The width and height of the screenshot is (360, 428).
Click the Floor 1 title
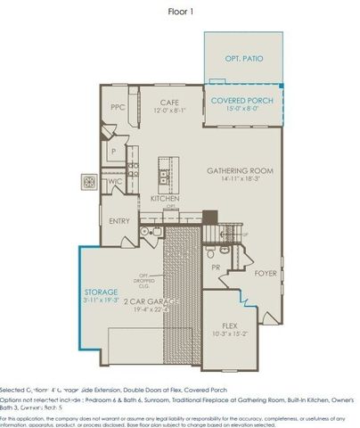181,12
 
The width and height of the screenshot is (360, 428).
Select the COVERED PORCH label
241,101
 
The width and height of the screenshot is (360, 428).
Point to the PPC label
117,107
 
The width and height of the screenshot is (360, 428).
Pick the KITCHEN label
165,198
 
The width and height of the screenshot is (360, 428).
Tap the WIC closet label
116,183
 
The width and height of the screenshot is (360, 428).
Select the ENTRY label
119,220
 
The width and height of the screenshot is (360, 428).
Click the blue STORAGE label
100,292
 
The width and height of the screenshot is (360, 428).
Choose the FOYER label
266,273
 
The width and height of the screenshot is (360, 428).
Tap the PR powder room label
216,267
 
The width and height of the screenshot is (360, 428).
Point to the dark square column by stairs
209,216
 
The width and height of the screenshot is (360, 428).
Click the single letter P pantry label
114,152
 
